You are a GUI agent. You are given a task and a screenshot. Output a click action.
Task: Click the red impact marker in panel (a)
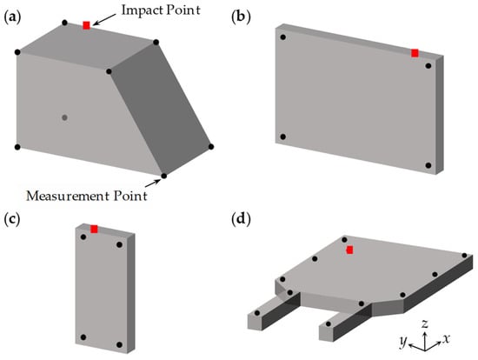87,25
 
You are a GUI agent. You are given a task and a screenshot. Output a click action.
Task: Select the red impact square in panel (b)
415,53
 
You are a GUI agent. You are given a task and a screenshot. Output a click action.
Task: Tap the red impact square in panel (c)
94,229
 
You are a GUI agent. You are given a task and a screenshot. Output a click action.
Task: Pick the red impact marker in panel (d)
349,250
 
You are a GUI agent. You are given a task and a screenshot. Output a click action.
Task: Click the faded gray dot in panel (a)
64,117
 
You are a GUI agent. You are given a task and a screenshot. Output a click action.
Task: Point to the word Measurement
69,196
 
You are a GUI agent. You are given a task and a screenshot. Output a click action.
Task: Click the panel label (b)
241,17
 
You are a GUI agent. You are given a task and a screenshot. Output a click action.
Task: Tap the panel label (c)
12,220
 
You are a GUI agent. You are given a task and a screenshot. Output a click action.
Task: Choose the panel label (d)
241,220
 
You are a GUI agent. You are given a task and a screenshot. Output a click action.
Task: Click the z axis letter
425,323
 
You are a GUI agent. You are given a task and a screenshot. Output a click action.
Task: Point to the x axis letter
446,338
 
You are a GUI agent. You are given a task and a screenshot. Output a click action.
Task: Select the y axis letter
403,342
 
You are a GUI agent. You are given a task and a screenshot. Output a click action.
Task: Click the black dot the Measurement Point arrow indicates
163,176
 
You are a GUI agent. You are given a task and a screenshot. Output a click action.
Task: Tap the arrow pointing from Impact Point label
104,19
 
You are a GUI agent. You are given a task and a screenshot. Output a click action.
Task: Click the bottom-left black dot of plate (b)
283,137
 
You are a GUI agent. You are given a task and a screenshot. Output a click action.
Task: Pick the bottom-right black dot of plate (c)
120,344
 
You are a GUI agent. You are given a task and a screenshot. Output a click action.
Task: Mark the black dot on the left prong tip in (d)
257,313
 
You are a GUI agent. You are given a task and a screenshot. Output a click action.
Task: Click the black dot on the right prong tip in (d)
329,323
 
